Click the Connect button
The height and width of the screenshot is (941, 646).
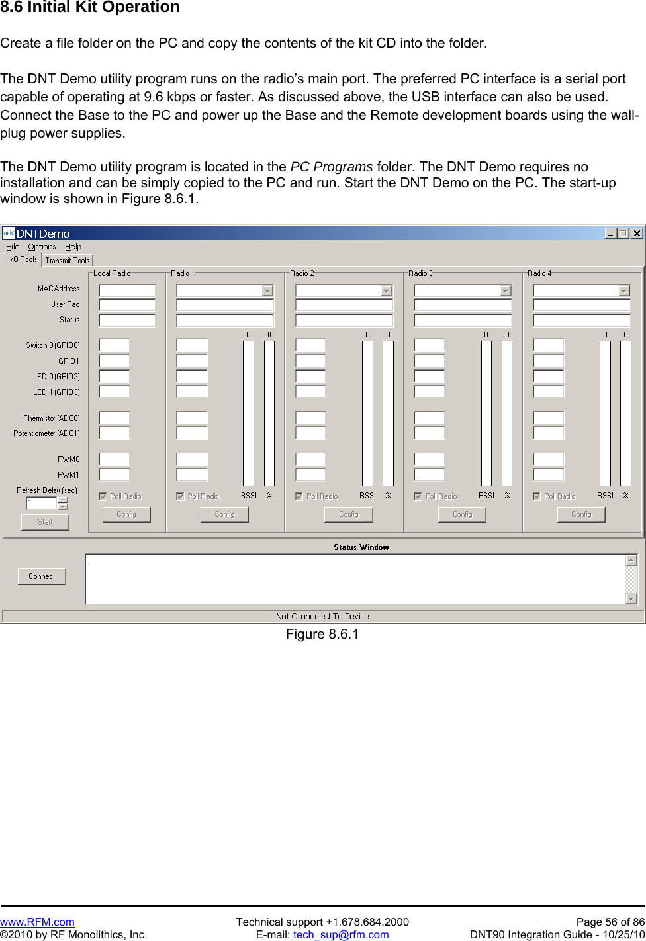tap(42, 576)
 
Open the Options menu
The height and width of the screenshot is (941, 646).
tap(42, 247)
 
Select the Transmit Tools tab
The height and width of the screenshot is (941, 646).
tap(67, 261)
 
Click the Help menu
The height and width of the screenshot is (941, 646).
tap(73, 247)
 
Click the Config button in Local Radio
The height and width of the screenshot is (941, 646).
tap(126, 514)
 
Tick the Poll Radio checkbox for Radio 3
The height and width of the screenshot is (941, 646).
tap(418, 496)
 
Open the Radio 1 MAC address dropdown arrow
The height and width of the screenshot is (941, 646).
tap(267, 291)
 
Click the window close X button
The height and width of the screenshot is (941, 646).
tap(637, 233)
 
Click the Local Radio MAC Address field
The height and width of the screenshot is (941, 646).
tap(127, 291)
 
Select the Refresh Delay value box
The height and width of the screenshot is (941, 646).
tap(42, 504)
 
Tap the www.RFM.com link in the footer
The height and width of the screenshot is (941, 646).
tap(37, 922)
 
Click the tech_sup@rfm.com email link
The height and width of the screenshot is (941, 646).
tap(341, 934)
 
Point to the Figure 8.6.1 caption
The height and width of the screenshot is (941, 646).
tap(322, 634)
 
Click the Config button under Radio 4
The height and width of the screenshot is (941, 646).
tap(581, 514)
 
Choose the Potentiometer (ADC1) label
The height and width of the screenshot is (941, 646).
tap(46, 433)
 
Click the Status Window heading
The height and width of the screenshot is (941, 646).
tap(361, 547)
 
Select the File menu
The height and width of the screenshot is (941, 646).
tap(13, 247)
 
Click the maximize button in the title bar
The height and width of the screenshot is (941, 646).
tap(623, 233)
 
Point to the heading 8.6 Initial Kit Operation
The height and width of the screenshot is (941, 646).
tap(90, 7)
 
